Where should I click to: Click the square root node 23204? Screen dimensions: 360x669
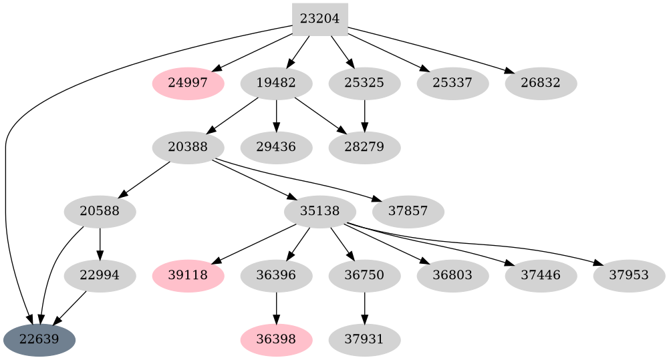[319, 19]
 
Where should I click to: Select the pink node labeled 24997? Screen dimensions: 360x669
[188, 83]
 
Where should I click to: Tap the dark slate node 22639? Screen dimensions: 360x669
[39, 340]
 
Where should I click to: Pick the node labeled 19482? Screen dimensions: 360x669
[276, 83]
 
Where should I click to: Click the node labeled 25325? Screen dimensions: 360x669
[364, 83]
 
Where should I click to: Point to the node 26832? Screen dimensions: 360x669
[541, 83]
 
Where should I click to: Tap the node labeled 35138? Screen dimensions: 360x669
[320, 212]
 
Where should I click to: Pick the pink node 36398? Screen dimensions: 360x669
[276, 340]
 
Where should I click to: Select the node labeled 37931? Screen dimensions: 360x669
[364, 340]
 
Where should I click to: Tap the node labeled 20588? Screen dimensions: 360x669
[100, 212]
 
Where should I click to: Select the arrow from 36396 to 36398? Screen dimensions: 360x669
[276, 307]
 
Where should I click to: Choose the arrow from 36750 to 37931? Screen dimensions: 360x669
[364, 307]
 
